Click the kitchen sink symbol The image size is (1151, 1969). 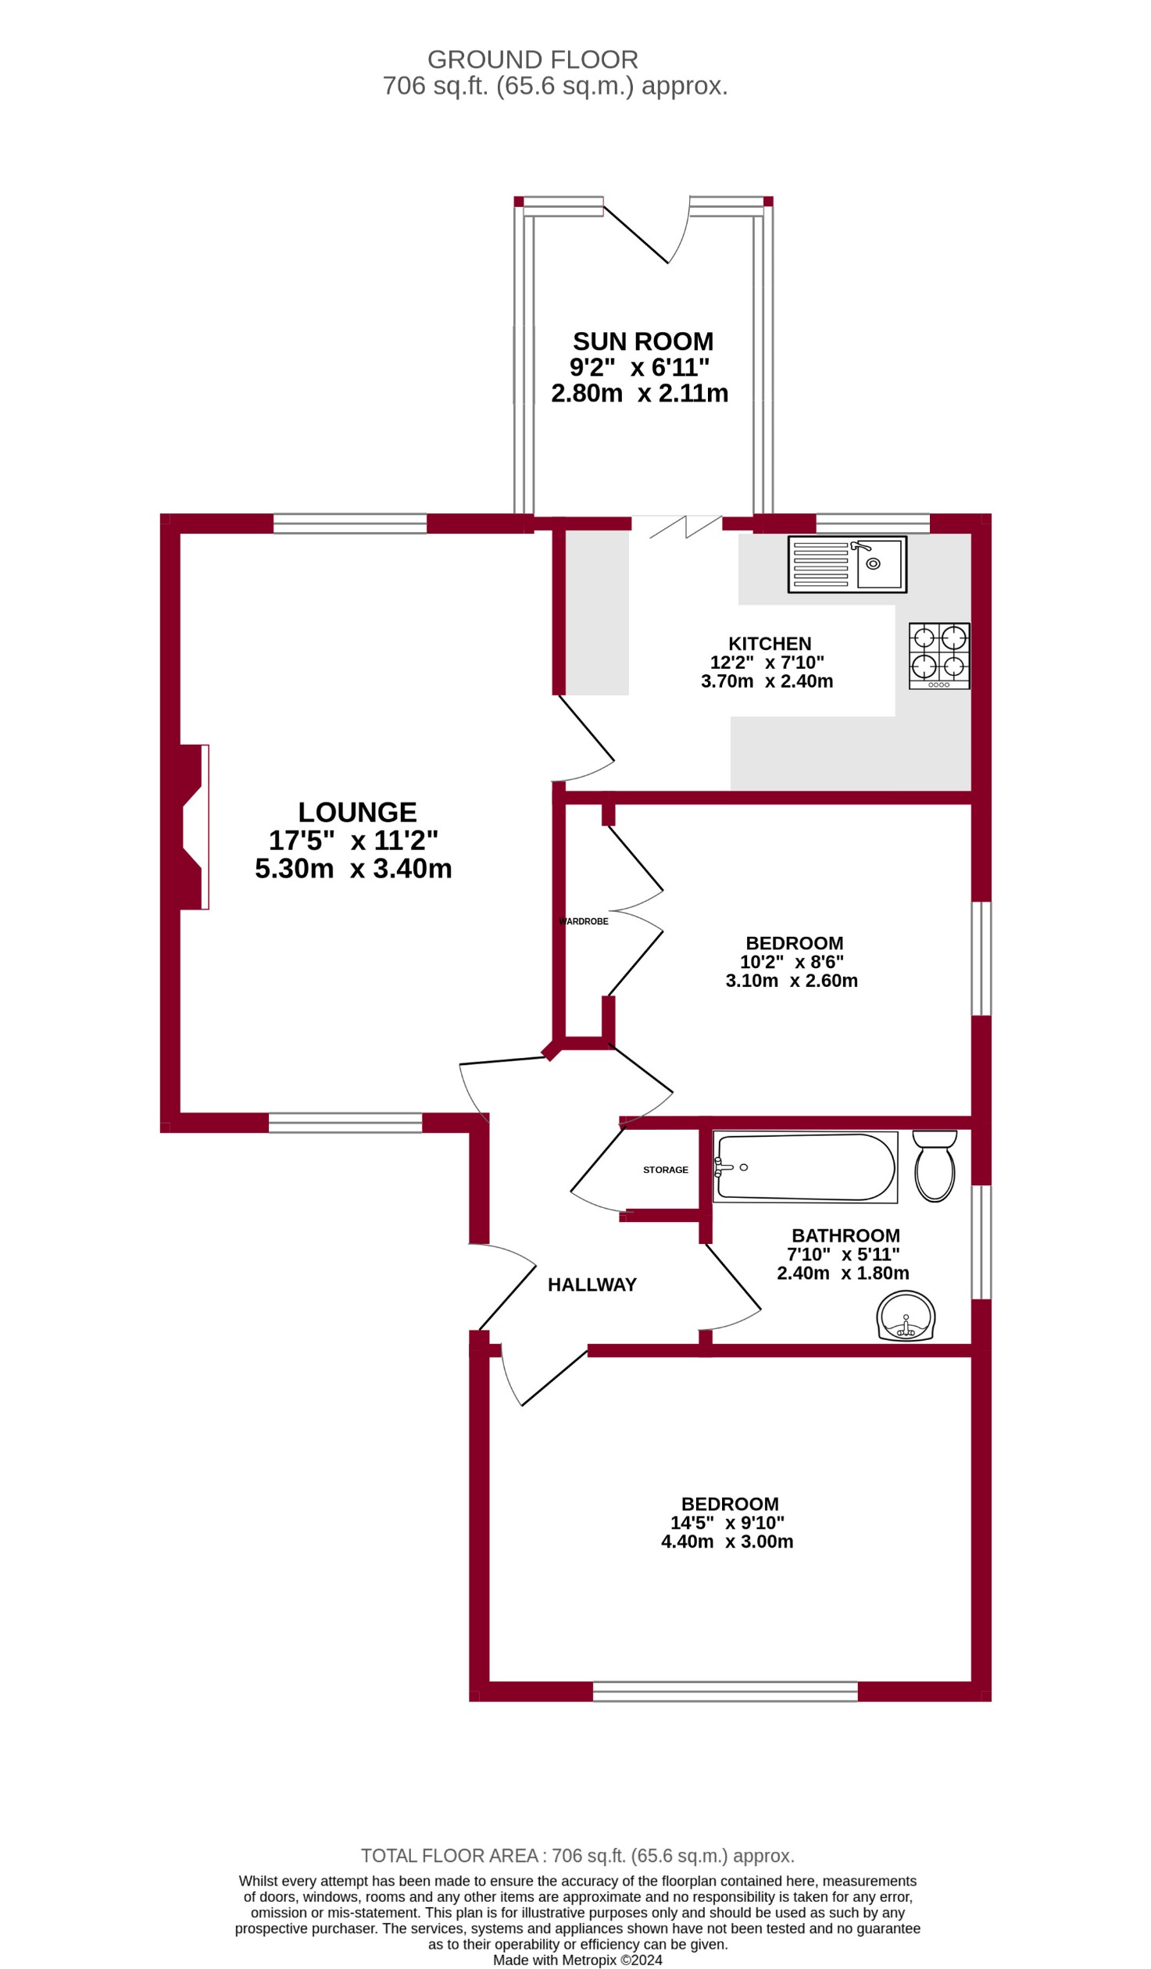point(847,564)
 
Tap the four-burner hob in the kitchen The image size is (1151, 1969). point(938,656)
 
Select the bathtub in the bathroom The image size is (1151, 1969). point(805,1167)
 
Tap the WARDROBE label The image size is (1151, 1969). point(584,921)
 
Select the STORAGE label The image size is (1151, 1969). point(665,1170)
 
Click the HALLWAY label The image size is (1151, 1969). point(592,1285)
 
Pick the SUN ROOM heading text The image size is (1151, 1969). point(642,341)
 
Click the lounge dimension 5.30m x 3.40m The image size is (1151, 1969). point(353,869)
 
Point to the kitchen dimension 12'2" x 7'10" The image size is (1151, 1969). point(766,663)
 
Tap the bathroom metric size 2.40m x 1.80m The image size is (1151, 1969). point(842,1273)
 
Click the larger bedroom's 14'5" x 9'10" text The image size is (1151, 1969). point(727,1523)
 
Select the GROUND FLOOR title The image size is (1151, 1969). point(532,59)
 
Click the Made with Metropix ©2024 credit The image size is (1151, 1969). point(577,1960)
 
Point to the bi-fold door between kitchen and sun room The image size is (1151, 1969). point(685,527)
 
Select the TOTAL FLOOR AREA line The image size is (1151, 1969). point(577,1856)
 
